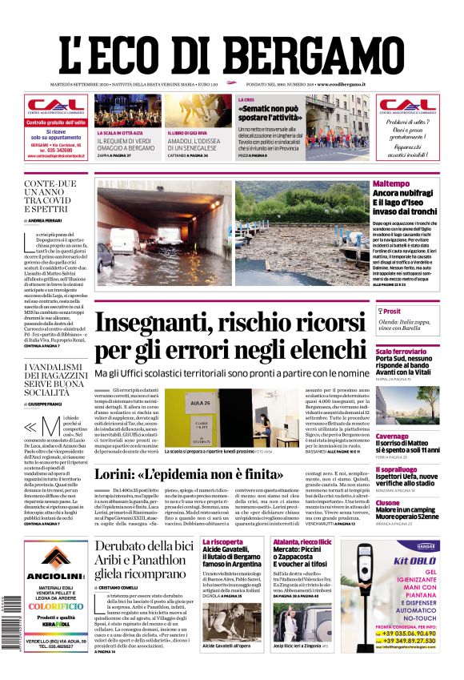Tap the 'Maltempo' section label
point(392,184)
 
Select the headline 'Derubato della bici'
point(145,546)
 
